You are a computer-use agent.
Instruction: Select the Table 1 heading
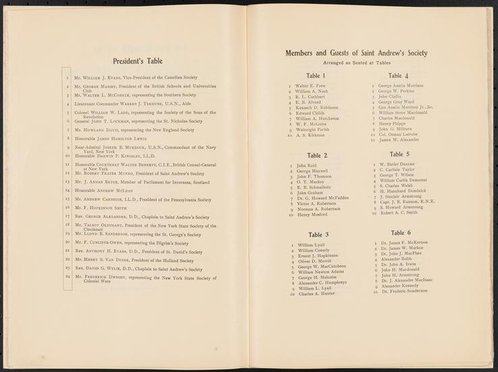[316, 76]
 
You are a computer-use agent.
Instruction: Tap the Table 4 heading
[398, 76]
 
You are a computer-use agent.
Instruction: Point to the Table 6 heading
[399, 232]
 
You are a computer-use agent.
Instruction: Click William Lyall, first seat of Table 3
[312, 245]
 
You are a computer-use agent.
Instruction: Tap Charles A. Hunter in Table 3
[316, 295]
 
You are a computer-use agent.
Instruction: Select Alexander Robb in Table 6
[395, 259]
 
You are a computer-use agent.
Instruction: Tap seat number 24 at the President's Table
[68, 277]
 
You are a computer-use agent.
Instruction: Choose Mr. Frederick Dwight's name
[109, 277]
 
